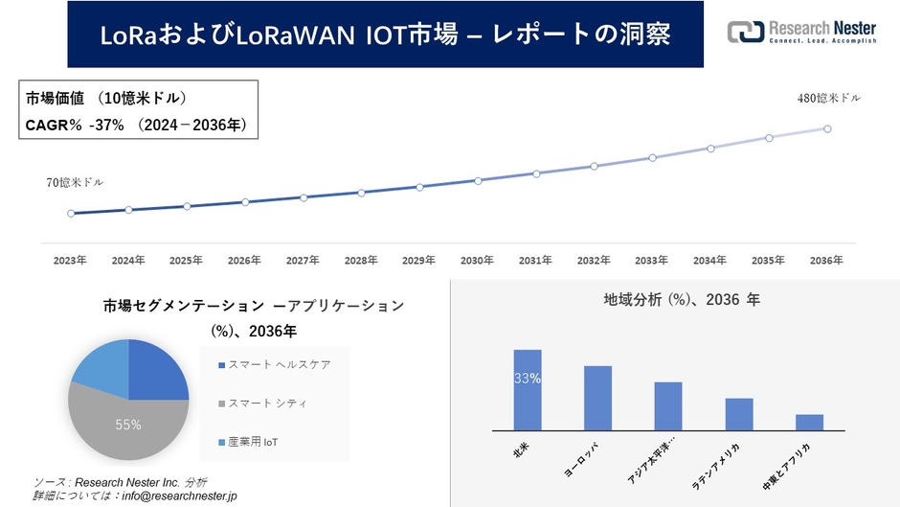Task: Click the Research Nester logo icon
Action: (x=745, y=32)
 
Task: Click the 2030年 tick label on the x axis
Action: (x=477, y=260)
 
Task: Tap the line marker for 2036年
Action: (x=826, y=128)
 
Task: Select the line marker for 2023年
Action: (x=71, y=213)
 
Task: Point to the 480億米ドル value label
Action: (x=829, y=98)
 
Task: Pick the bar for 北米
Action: (x=528, y=390)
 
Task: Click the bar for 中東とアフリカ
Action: (x=809, y=423)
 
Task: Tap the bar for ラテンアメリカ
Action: (x=739, y=414)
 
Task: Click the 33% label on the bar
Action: (x=528, y=379)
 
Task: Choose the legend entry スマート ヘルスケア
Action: (x=279, y=365)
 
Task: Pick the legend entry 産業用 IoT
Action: (x=253, y=442)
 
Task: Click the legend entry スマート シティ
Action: (x=267, y=403)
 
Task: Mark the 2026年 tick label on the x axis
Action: (x=244, y=260)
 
